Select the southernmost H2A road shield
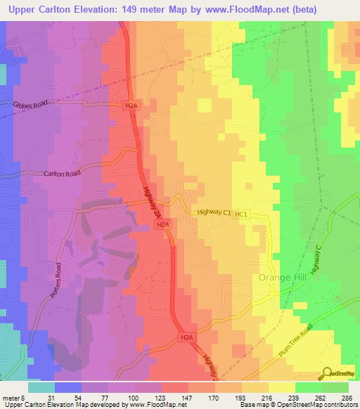[186, 337]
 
